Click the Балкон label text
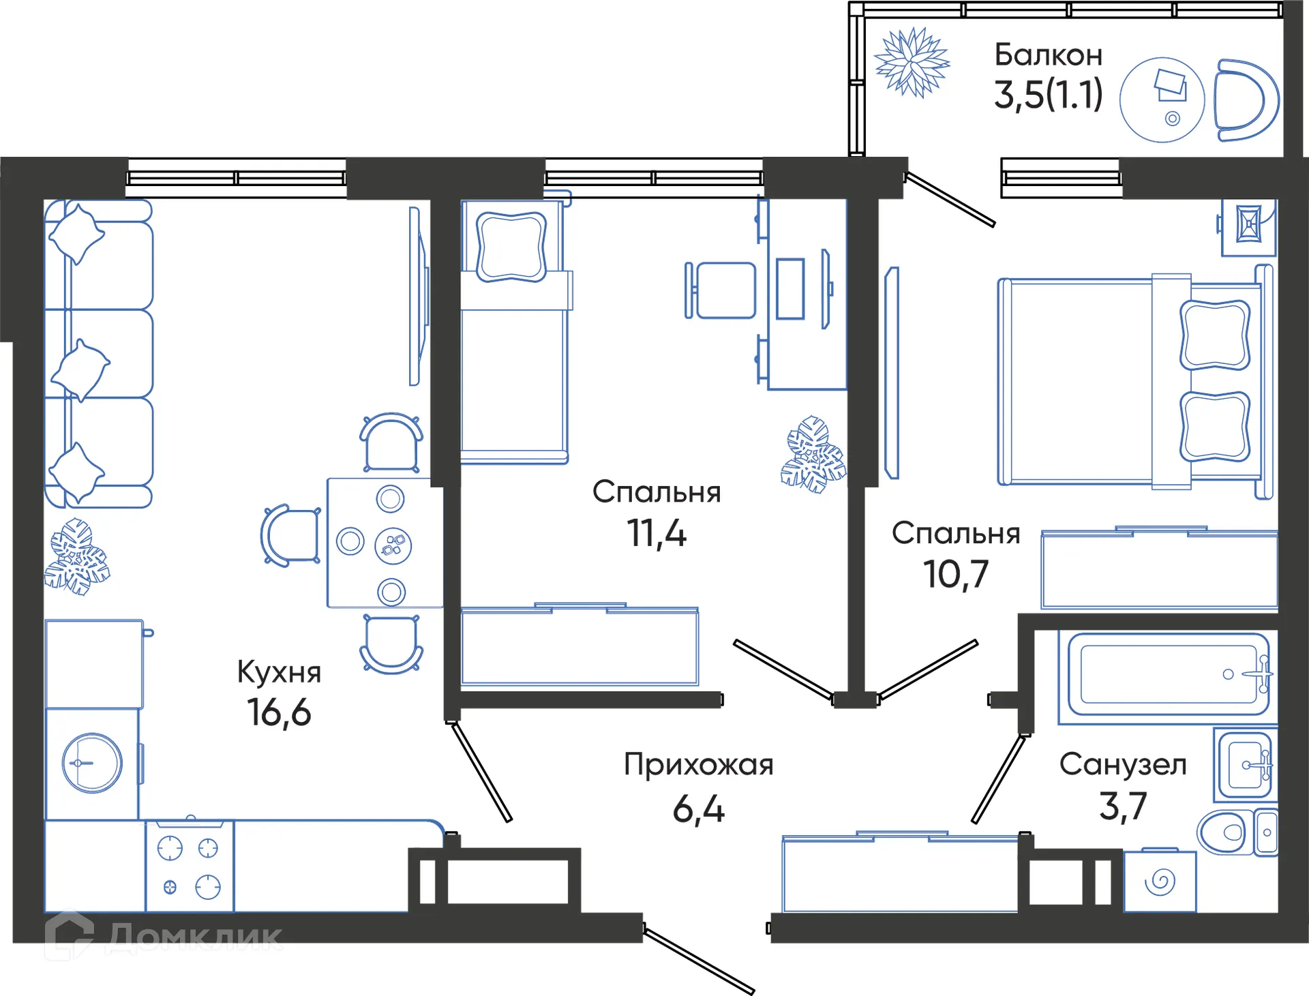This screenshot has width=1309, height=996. tap(1048, 55)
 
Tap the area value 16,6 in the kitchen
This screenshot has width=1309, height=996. tap(279, 712)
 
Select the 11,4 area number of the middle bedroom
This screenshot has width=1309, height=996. tap(656, 533)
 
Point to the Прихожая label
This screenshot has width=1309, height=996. tap(698, 765)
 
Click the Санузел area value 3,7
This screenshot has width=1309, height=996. tap(1122, 806)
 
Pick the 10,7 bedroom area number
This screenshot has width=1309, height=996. tap(955, 574)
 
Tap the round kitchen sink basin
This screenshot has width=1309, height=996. tap(92, 763)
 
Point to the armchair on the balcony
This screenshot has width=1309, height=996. tap(1244, 101)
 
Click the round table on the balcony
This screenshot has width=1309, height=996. tap(1162, 100)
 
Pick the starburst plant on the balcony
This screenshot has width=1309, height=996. tap(912, 63)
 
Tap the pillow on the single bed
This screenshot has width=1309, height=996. tap(511, 246)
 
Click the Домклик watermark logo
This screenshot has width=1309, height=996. tap(164, 937)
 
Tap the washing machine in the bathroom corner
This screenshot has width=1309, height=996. tap(1160, 881)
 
